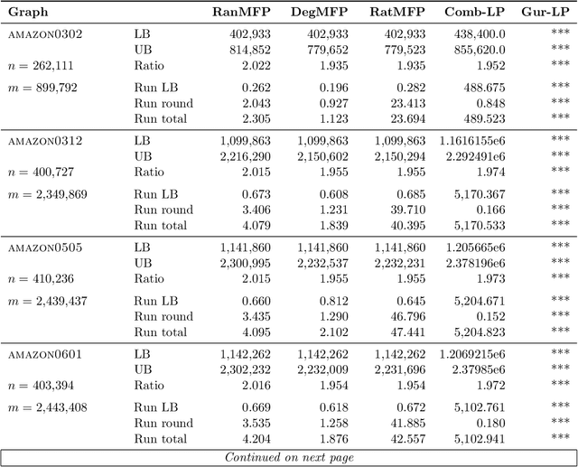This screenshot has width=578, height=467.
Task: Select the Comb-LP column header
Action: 475,13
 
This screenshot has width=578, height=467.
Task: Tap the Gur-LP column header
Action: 545,13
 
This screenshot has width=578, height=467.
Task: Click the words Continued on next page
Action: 289,457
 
